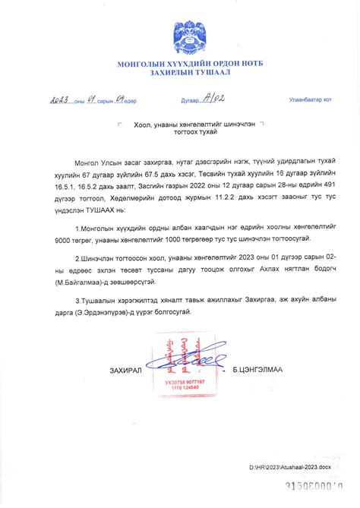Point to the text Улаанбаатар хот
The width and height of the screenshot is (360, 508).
310,99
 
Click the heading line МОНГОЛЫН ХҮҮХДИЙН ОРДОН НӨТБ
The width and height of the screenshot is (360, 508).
179,63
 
